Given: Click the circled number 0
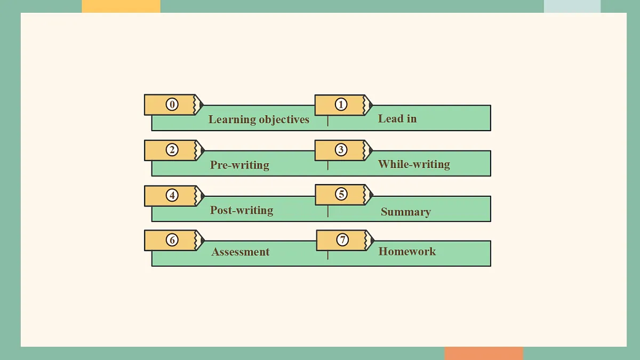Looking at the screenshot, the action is point(172,105).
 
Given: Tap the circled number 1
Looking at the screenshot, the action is point(341,105).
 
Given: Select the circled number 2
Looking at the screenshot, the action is point(172,150).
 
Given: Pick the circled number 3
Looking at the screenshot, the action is point(341,149).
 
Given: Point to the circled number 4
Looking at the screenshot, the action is point(172,195).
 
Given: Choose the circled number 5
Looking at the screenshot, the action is point(341,194).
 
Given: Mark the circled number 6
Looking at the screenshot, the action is point(172,239).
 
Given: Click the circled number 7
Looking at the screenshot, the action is point(342,239).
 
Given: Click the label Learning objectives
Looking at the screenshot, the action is point(259,119).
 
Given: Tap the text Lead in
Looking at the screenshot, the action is point(397,118).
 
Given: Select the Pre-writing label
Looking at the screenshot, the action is point(239,165).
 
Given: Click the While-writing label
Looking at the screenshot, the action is point(414,164).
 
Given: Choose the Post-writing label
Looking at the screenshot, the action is point(242,210).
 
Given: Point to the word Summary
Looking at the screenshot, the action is point(406,212).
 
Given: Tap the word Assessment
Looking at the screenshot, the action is point(241,252).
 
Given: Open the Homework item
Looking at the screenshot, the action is point(407,251).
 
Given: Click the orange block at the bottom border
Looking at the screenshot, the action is point(484,354).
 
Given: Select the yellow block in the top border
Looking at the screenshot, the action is point(121,6).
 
